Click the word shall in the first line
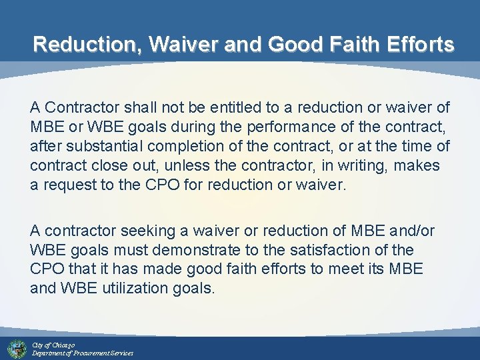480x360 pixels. click(143, 107)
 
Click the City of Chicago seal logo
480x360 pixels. click(17, 348)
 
